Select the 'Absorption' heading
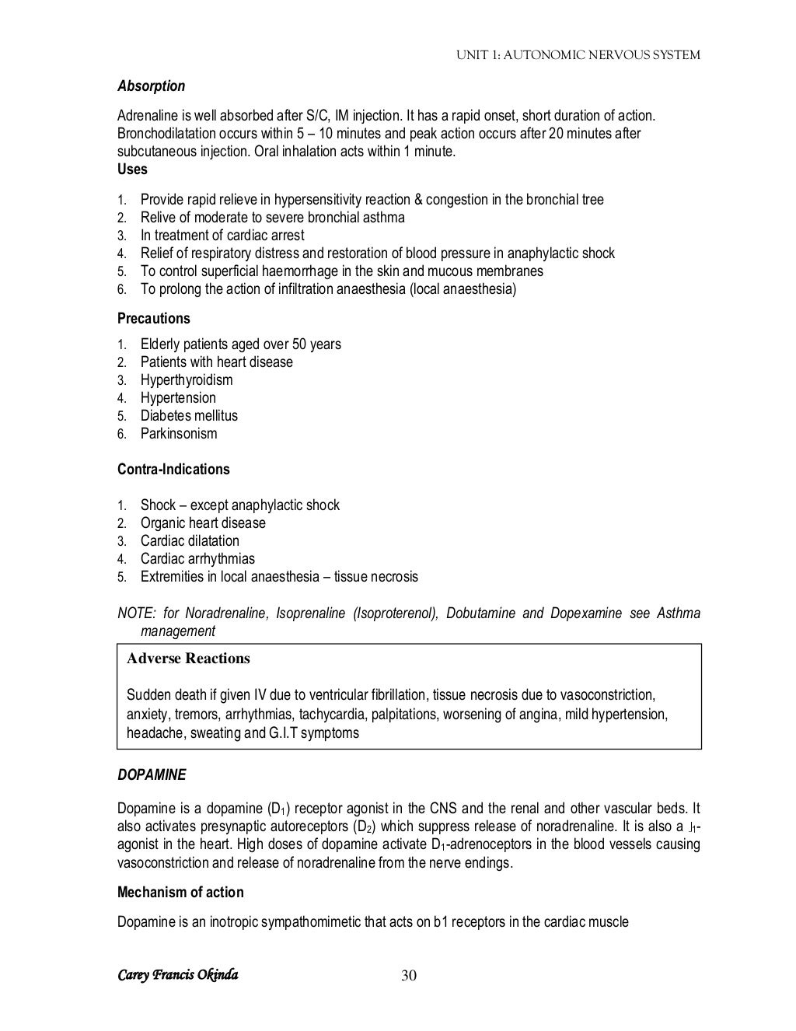(151, 86)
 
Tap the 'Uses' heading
(132, 169)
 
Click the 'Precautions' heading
(153, 319)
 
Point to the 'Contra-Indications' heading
(173, 470)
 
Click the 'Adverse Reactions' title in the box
(188, 659)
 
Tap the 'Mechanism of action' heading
(180, 893)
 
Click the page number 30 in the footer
(409, 976)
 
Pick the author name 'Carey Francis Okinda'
(177, 975)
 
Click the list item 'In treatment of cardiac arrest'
(222, 236)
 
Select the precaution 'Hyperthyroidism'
(187, 380)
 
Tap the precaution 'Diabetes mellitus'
(189, 416)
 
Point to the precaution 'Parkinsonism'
(179, 434)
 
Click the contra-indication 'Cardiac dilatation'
(190, 541)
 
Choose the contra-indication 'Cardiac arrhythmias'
(197, 559)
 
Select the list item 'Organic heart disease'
(203, 523)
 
